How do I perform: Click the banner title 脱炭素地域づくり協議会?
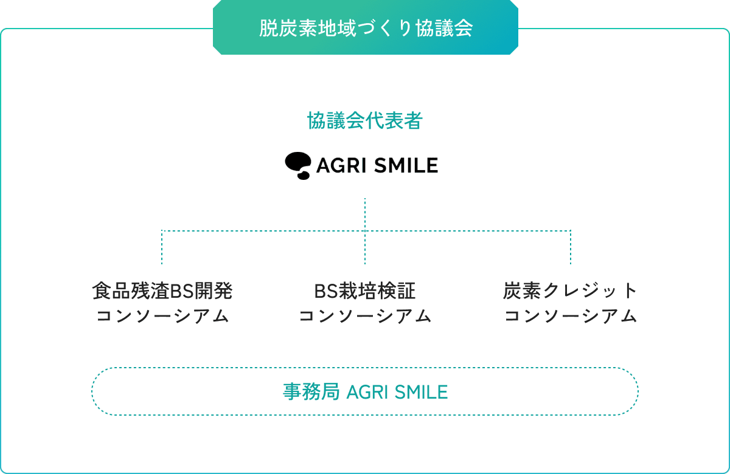pos(366,29)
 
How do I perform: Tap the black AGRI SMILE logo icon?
pos(298,165)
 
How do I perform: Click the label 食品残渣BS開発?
pos(162,291)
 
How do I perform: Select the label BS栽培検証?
pos(365,291)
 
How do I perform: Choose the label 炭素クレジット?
pos(570,291)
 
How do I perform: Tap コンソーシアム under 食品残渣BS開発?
pos(162,317)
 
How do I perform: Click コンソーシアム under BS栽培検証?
pos(365,317)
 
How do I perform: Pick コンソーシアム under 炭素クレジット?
pos(570,317)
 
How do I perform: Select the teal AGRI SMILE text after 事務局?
pos(397,392)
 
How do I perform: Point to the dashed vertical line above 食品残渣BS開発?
pos(162,248)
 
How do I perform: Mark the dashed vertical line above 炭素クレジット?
pos(571,248)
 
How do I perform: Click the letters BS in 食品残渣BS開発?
pos(181,291)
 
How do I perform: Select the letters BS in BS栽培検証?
pos(325,291)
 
